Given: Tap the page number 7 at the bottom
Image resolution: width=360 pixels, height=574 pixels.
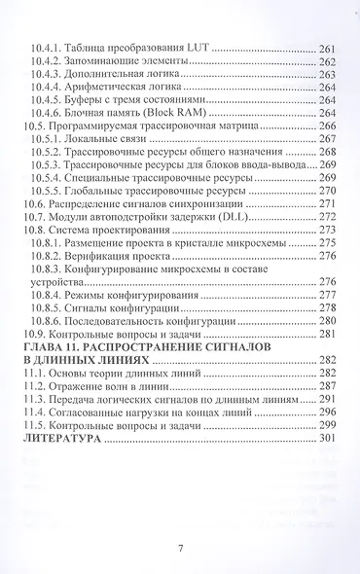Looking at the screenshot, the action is click(181, 549).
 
